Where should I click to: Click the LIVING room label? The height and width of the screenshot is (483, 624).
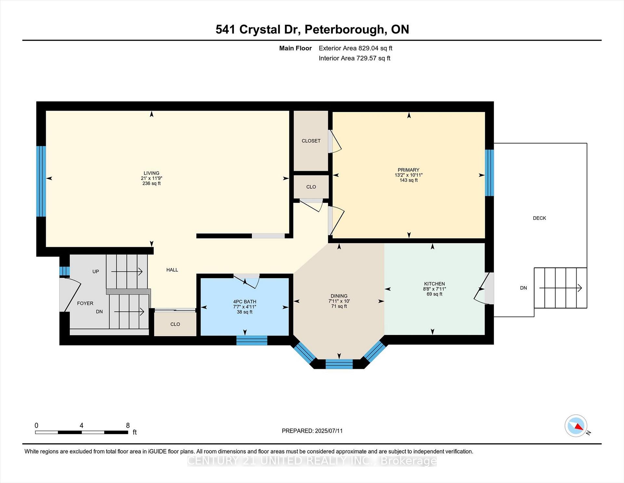[x=151, y=173]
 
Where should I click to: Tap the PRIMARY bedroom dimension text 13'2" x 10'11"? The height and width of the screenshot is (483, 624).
[x=409, y=175]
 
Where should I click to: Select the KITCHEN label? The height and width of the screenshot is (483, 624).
[x=435, y=284]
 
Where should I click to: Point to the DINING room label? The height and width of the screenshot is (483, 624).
[x=339, y=296]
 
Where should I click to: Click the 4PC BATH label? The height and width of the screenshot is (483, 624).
[x=245, y=302]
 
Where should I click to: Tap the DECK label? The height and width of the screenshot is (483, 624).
[x=539, y=218]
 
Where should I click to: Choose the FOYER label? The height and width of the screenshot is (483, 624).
[x=85, y=303]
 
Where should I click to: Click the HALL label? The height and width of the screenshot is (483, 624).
[x=172, y=270]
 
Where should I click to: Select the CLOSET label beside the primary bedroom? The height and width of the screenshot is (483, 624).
[x=311, y=141]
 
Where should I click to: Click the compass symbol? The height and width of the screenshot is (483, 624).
[x=576, y=426]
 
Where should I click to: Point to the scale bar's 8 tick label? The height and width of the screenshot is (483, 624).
[x=128, y=425]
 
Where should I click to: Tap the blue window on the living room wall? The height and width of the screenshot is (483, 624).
[x=41, y=181]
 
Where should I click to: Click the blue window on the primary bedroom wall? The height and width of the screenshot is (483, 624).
[x=489, y=173]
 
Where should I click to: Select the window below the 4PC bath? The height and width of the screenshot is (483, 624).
[x=252, y=340]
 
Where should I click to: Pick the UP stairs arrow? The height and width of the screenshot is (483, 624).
[x=127, y=271]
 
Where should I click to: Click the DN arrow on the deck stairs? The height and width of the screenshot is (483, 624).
[x=561, y=288]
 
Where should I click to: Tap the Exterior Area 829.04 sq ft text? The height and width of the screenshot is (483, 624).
[x=356, y=48]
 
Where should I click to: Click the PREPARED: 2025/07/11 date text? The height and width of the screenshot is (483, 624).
[x=312, y=431]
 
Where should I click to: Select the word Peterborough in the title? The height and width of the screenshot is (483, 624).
[x=344, y=30]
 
